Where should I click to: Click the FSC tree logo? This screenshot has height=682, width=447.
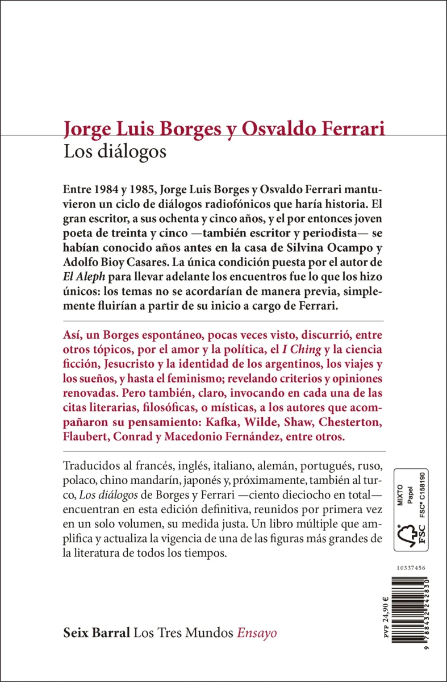pos(409,534)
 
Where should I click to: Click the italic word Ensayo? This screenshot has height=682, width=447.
pos(257,633)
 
